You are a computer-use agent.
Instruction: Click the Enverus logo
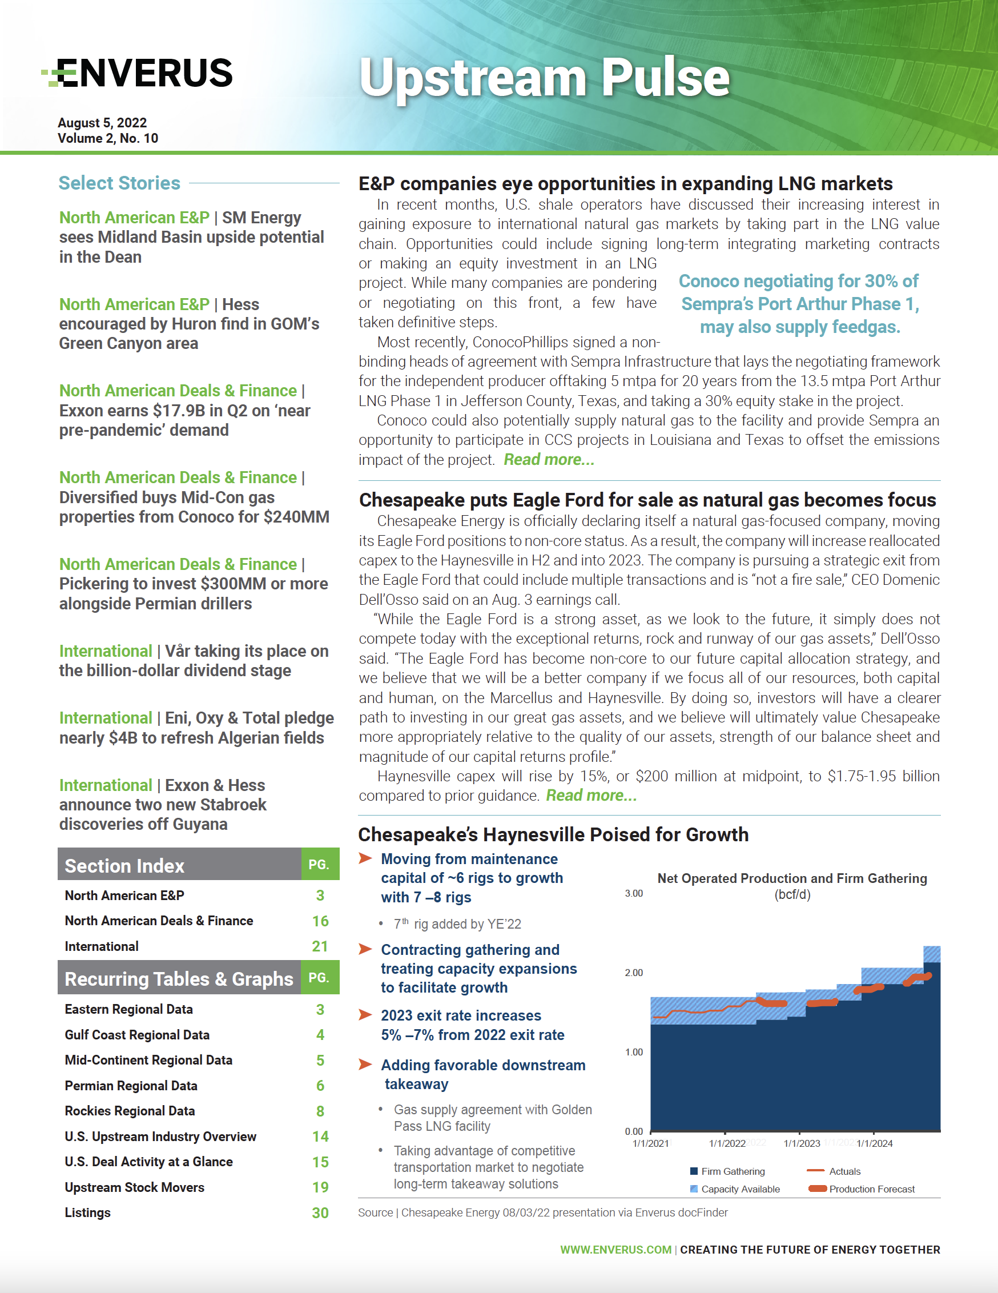(x=138, y=73)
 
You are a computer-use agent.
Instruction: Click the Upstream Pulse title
(x=544, y=78)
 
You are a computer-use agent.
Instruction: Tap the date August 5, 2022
(x=102, y=123)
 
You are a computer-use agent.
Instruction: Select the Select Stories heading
(x=119, y=183)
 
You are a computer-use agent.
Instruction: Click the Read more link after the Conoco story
(x=549, y=459)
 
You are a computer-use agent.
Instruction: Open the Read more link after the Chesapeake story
(x=591, y=795)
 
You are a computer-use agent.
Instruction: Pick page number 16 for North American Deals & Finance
(x=320, y=921)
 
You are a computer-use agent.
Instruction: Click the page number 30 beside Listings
(x=320, y=1212)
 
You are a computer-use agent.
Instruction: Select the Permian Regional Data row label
(x=131, y=1085)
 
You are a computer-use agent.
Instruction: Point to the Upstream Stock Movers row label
(x=134, y=1187)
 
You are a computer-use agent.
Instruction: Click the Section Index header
(x=124, y=866)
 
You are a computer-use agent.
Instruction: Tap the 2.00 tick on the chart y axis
(x=633, y=973)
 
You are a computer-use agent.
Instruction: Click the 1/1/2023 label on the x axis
(x=802, y=1143)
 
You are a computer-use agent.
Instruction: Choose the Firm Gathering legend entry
(x=732, y=1171)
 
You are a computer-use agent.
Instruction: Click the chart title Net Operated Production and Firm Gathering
(x=792, y=878)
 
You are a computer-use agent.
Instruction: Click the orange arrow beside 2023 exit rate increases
(x=365, y=1015)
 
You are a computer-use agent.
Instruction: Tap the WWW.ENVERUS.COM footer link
(x=615, y=1249)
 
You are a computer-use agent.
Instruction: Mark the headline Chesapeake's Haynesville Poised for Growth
(x=553, y=834)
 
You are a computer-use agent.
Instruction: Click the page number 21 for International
(x=320, y=946)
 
